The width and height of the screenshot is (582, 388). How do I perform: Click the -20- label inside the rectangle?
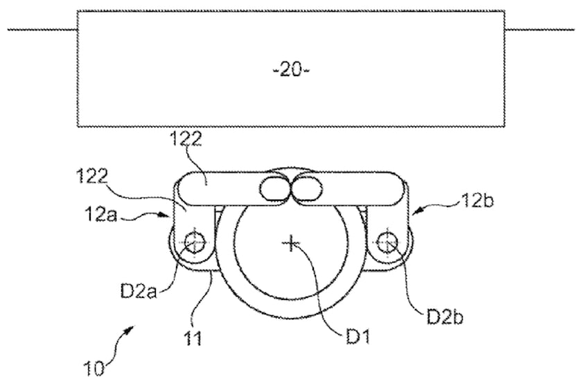point(291,70)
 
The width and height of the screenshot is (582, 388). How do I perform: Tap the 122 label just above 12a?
point(92,176)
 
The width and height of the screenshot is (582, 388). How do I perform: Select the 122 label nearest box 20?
point(186,139)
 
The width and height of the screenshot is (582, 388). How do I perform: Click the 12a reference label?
point(101,214)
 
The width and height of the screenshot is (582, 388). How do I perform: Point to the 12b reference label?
point(477,201)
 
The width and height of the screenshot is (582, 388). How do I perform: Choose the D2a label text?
point(139,291)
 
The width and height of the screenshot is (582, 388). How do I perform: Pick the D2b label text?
point(445,317)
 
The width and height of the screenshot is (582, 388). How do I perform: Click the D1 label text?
point(358,337)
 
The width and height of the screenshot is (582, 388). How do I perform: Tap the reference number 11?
point(193,338)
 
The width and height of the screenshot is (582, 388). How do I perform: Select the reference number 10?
point(94,369)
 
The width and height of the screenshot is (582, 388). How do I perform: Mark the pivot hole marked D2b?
point(387,242)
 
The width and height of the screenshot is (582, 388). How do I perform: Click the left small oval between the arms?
point(275,189)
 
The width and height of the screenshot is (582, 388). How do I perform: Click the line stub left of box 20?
point(42,30)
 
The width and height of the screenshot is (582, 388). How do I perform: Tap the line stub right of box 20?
point(540,30)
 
